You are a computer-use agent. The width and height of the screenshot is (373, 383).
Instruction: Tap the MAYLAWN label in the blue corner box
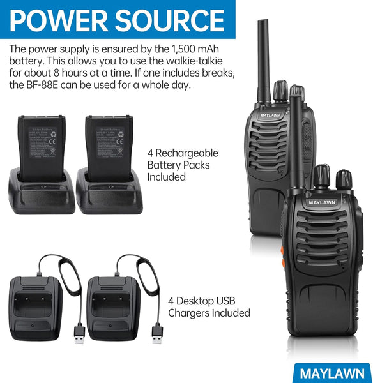pyautogui.click(x=333, y=373)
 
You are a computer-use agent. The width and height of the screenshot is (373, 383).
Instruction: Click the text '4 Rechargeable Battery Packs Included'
pyautogui.click(x=183, y=165)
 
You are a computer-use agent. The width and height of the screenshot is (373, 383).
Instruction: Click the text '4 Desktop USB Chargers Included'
pyautogui.click(x=209, y=307)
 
